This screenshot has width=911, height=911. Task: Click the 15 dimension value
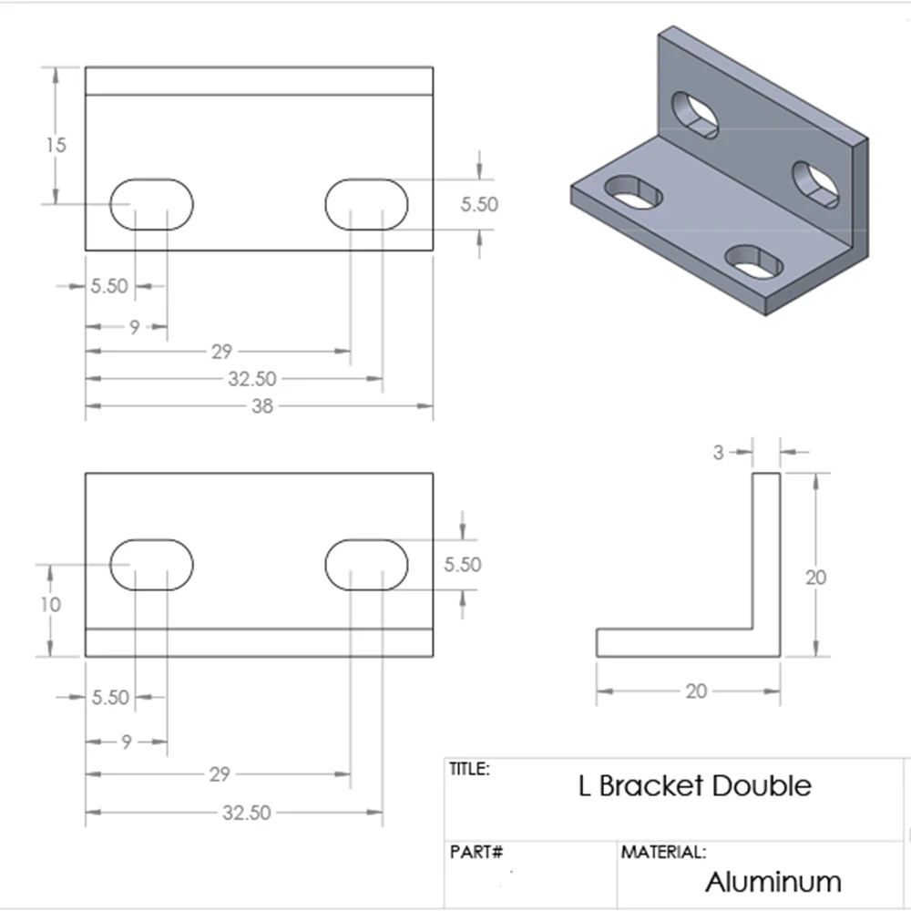tap(57, 145)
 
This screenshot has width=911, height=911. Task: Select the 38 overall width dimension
tap(262, 406)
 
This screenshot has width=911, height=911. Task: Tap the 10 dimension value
tap(51, 604)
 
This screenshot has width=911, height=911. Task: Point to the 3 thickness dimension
tap(719, 451)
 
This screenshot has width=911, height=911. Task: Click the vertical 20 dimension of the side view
tap(816, 577)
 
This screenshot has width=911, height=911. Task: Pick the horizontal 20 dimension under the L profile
tap(696, 691)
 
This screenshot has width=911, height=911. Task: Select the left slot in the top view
tap(152, 204)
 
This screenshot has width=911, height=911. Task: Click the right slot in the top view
tap(366, 204)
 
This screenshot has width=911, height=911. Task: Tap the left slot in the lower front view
tap(152, 565)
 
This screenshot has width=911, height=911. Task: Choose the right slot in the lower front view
tap(366, 565)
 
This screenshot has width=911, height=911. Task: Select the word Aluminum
tap(773, 882)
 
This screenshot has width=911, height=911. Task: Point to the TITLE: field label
tap(470, 769)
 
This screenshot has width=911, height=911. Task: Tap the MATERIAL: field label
tap(663, 854)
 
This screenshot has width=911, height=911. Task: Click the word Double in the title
tap(763, 785)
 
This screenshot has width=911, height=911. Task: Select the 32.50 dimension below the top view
tap(252, 378)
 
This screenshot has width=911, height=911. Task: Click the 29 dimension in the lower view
tap(219, 774)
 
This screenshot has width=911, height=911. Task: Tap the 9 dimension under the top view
tap(134, 327)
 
